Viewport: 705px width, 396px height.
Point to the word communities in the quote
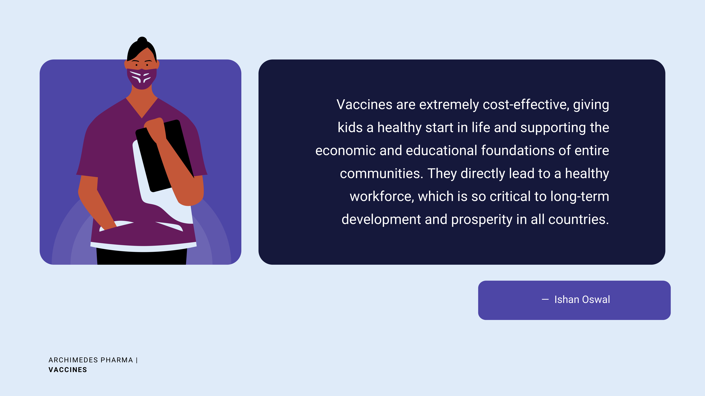382,174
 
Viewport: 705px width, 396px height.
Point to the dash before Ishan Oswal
545,300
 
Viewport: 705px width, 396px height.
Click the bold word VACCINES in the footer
68,370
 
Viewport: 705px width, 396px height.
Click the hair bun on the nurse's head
142,40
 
